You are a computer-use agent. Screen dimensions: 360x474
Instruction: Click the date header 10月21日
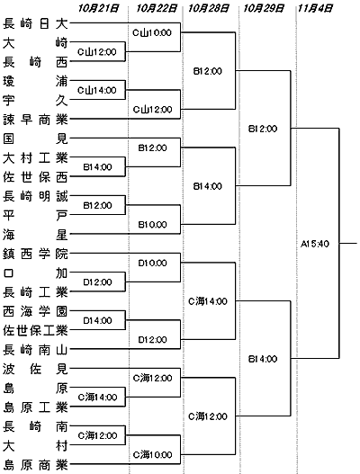click(x=98, y=8)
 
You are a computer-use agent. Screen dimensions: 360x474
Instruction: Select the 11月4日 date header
click(x=315, y=8)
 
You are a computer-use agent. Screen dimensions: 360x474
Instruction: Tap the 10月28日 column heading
click(x=209, y=8)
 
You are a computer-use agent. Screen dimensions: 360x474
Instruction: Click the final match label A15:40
click(x=315, y=244)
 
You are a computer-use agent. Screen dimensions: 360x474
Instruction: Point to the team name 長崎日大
click(x=35, y=23)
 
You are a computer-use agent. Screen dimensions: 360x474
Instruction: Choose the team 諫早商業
click(x=35, y=120)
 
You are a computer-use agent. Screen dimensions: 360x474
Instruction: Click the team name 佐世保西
click(x=35, y=177)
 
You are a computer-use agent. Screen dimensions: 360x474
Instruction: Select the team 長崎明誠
click(x=35, y=196)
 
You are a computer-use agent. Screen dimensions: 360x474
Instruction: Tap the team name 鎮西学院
click(x=35, y=254)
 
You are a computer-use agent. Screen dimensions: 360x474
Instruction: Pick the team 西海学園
click(x=35, y=311)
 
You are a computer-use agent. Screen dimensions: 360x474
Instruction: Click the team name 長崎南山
click(x=35, y=350)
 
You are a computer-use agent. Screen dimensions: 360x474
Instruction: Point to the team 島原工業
click(x=35, y=407)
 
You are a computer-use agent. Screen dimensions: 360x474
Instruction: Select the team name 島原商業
click(x=35, y=465)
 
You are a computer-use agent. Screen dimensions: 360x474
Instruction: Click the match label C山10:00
click(x=152, y=32)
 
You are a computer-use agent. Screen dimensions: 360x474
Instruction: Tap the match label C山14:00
click(x=97, y=90)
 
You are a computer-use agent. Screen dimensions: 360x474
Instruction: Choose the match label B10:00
click(x=152, y=225)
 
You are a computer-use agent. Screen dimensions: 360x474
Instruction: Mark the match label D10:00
click(x=152, y=263)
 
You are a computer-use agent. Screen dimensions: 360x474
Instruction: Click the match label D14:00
click(x=97, y=320)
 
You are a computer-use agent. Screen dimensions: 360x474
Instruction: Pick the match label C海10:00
click(x=152, y=454)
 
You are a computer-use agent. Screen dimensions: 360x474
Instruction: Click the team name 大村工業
click(x=35, y=158)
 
